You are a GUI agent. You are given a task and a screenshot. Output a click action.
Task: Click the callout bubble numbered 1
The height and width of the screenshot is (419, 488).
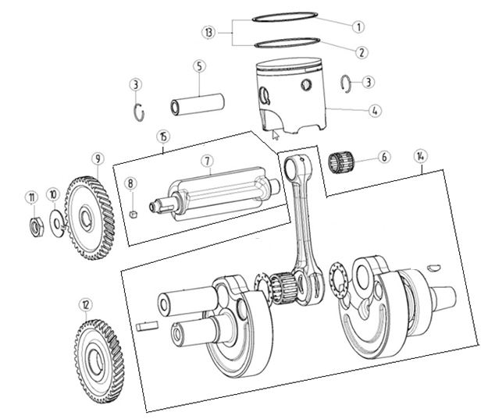point(358,27)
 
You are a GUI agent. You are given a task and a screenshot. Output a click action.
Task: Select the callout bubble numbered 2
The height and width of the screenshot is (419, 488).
point(361,53)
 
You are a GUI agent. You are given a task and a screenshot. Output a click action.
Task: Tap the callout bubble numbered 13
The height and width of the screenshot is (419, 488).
point(208,33)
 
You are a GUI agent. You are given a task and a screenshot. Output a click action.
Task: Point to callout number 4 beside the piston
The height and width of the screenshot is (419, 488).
point(376,111)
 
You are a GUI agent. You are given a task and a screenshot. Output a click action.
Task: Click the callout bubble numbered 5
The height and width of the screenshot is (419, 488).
point(200,67)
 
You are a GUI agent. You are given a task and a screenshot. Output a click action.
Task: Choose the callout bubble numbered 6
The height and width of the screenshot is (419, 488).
point(383,157)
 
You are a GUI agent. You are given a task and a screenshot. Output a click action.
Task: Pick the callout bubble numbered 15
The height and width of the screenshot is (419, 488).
point(162,137)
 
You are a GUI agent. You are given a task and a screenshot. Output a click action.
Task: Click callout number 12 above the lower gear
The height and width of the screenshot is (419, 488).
point(85,304)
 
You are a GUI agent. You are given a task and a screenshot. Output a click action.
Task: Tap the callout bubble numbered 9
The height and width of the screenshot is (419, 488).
point(98,160)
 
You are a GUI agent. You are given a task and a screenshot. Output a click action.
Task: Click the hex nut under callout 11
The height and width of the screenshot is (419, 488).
point(35,226)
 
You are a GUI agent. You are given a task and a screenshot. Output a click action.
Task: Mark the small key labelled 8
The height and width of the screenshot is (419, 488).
point(134,215)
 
